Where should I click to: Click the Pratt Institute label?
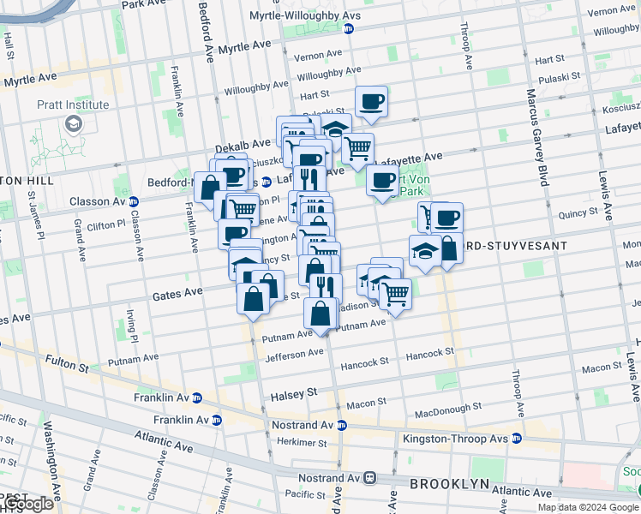(x=73, y=105)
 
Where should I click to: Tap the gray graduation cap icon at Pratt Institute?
(x=74, y=125)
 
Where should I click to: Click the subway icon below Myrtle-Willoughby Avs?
(x=348, y=28)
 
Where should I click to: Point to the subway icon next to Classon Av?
(x=133, y=202)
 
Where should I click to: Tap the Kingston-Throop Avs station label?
(x=455, y=439)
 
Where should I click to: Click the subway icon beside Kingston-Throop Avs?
(x=517, y=439)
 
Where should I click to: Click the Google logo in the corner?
(x=27, y=505)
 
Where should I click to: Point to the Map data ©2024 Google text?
(x=588, y=507)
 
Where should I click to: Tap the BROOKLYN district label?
(x=449, y=484)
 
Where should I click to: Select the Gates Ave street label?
(x=177, y=293)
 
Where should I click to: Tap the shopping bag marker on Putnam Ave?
(x=320, y=314)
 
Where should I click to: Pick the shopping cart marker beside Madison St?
(x=395, y=294)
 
